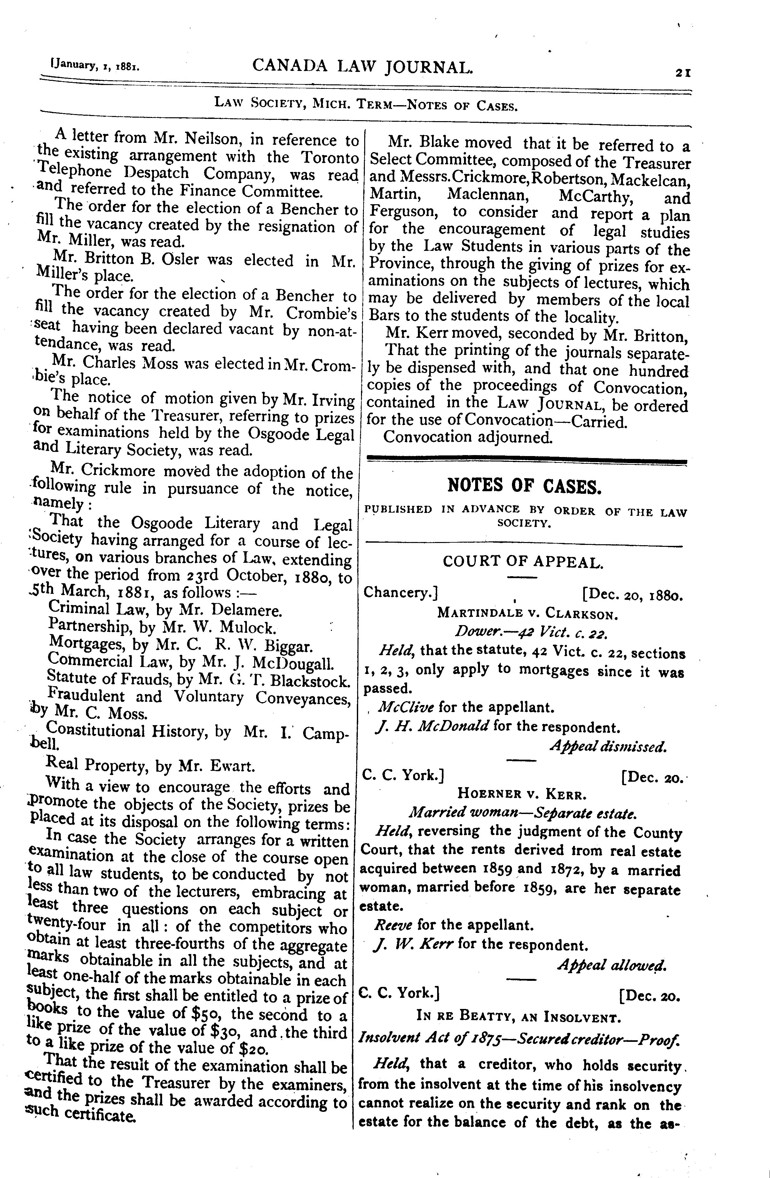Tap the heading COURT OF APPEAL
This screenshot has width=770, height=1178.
tap(523, 562)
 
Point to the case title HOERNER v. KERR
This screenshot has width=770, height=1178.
tap(522, 794)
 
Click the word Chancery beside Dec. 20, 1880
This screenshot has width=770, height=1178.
tap(400, 593)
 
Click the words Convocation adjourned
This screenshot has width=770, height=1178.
tap(467, 437)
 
